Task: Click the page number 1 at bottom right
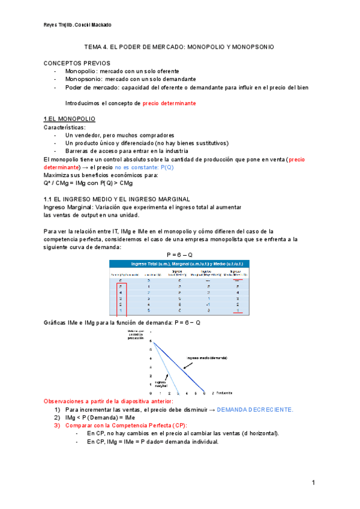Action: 313,483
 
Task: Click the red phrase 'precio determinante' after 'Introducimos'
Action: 169,103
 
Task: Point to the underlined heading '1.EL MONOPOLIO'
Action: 69,119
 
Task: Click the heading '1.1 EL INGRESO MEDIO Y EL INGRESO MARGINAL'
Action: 116,199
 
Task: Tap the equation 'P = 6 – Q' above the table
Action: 179,254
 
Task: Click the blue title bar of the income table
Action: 179,264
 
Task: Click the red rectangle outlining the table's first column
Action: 121,298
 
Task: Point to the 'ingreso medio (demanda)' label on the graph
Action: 207,358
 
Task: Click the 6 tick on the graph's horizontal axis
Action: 205,394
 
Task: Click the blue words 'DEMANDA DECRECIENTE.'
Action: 255,409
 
